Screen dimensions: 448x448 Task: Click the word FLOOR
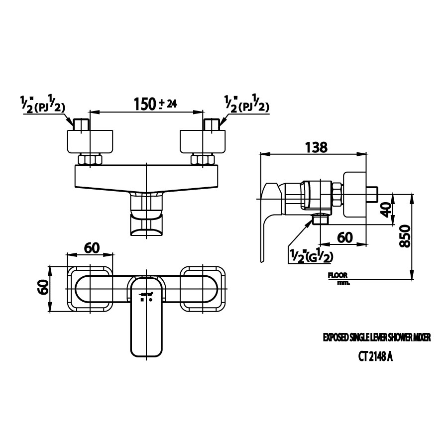tap(337, 275)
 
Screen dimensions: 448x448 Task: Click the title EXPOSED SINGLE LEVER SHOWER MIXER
tap(376, 337)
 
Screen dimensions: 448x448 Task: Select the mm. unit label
tap(343, 283)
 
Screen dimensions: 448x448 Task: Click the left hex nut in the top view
tap(90, 160)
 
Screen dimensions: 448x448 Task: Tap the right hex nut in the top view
tap(204, 160)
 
